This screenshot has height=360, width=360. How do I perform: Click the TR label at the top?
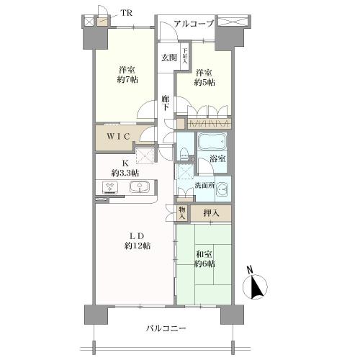126,12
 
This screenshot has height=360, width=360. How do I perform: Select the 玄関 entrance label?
168,58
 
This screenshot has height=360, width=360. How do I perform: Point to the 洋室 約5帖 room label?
203,77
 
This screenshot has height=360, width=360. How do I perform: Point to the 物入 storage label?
182,213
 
